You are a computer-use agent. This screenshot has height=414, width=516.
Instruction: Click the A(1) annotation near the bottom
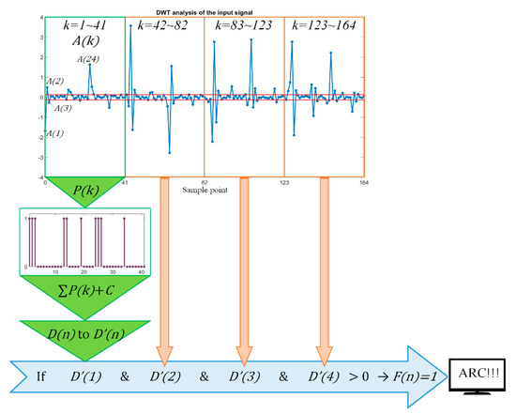click(x=56, y=133)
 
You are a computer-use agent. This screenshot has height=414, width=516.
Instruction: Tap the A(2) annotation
click(x=54, y=83)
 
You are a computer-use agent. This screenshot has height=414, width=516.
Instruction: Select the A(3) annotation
click(x=63, y=108)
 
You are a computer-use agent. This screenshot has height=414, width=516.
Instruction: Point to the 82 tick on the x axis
click(x=204, y=183)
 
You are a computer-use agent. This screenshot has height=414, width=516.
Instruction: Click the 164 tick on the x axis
click(x=362, y=183)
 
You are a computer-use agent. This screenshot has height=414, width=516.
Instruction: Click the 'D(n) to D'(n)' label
click(x=83, y=334)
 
